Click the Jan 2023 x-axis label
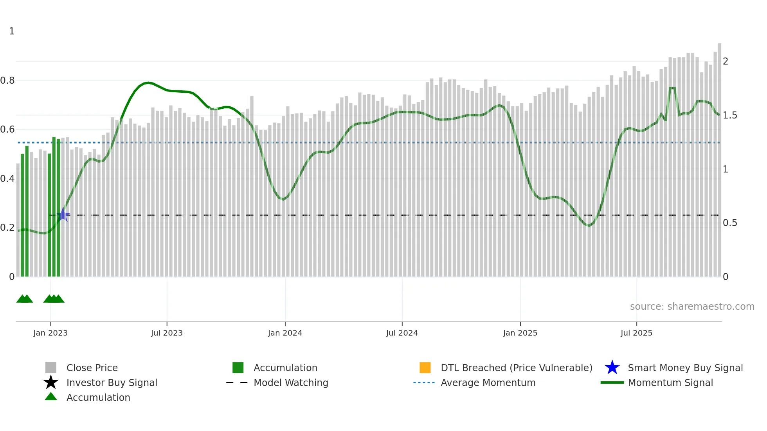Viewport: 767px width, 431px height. click(50, 333)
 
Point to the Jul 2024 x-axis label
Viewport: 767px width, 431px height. click(402, 333)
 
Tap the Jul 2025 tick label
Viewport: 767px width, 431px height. click(636, 333)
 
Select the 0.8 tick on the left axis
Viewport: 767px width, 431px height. click(7, 81)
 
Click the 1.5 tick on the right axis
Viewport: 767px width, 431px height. click(730, 115)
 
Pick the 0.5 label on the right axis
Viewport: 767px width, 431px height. click(730, 223)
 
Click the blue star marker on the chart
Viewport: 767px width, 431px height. click(63, 215)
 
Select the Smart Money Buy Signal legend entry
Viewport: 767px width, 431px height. click(685, 368)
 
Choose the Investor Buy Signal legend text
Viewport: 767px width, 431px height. click(112, 383)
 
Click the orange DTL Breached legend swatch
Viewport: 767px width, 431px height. click(425, 368)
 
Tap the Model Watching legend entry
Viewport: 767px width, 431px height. click(290, 383)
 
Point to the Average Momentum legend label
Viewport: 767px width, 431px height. click(488, 383)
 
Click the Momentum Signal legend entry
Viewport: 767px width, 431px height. click(670, 383)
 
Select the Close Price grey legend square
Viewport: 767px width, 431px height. click(51, 368)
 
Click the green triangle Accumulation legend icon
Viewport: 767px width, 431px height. click(51, 397)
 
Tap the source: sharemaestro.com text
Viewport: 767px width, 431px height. click(692, 307)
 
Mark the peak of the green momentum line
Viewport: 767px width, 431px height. click(148, 83)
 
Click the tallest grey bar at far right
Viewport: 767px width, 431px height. click(719, 156)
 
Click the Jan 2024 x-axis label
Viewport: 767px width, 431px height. click(285, 333)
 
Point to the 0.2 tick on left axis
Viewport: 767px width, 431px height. click(7, 228)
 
